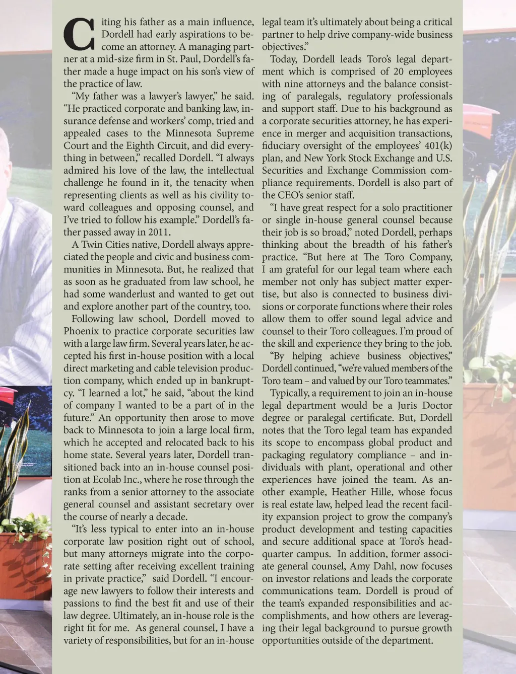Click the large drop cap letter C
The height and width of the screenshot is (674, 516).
click(79, 35)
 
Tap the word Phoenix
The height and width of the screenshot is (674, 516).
click(80, 331)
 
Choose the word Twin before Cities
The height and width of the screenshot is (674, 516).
click(91, 245)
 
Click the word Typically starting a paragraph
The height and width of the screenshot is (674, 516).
click(292, 393)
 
